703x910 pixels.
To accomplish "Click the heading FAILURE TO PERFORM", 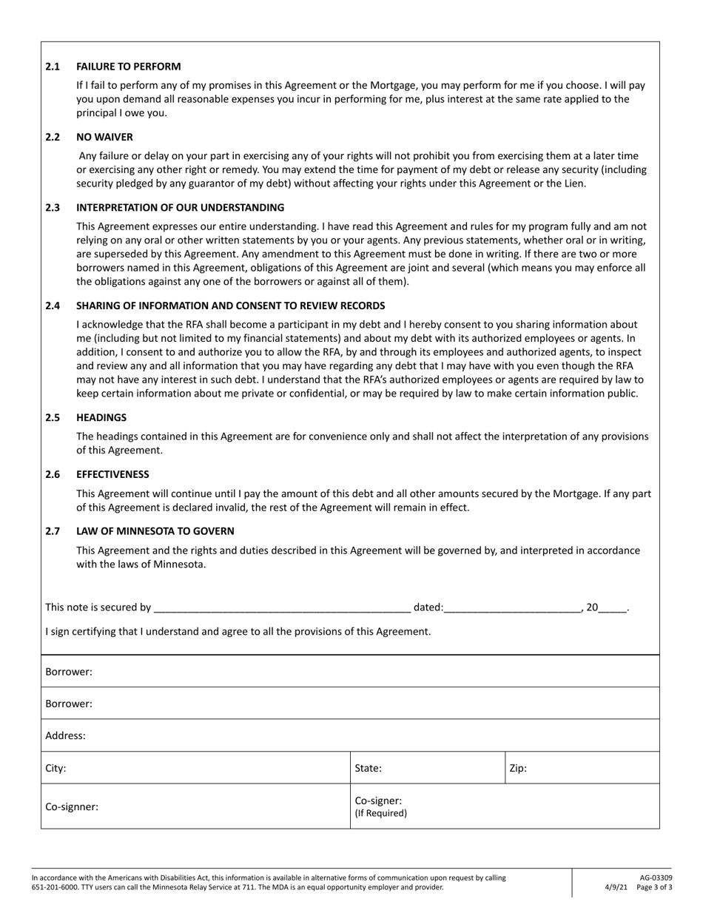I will (128, 67).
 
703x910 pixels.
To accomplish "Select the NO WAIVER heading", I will (104, 138).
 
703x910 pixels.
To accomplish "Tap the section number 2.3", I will (53, 208).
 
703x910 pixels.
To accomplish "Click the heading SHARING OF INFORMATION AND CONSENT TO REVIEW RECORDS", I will (230, 306).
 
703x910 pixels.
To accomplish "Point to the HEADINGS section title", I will (101, 418).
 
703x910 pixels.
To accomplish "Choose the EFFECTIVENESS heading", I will (112, 474).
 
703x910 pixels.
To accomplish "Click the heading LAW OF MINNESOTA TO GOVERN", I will (155, 531).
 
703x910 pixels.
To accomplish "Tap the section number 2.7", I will (53, 531).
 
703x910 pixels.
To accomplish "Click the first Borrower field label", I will (69, 672).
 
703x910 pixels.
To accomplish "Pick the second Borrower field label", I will (69, 704).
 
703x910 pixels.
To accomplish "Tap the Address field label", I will (65, 736).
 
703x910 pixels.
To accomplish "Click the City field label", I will (55, 769).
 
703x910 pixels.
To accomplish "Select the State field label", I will (369, 769).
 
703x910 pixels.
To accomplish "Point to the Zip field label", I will (518, 769).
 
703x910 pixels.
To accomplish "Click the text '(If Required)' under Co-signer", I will (381, 813).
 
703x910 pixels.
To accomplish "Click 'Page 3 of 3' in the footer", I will (653, 887).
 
